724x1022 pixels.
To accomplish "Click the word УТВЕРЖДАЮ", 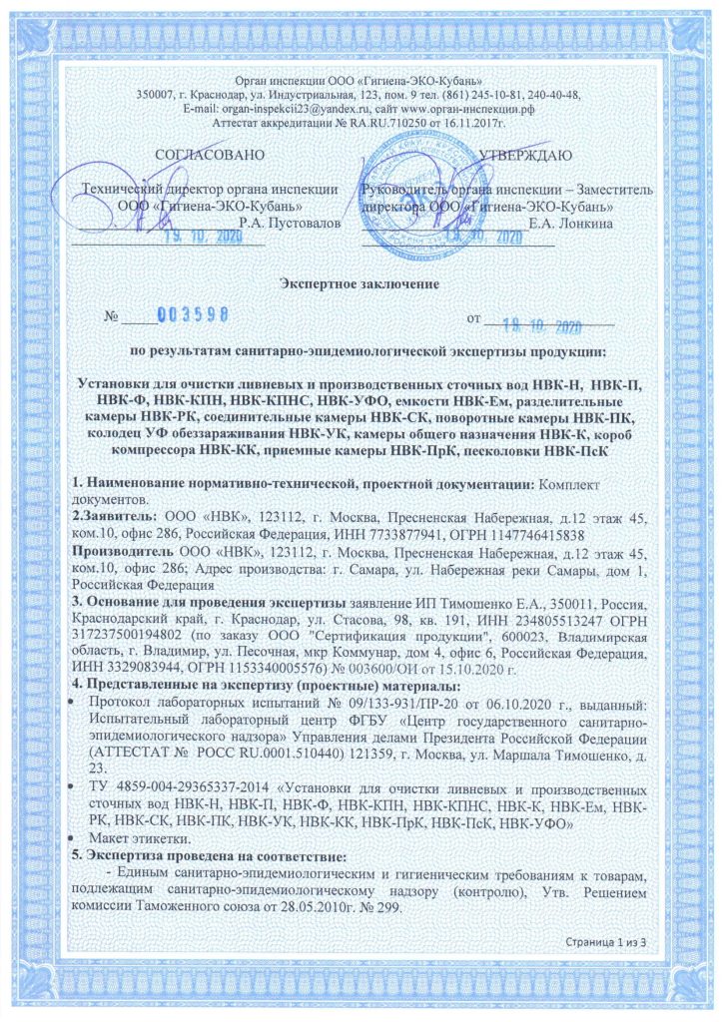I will pyautogui.click(x=525, y=155).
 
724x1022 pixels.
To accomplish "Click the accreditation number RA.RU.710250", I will pyautogui.click(x=391, y=122).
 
